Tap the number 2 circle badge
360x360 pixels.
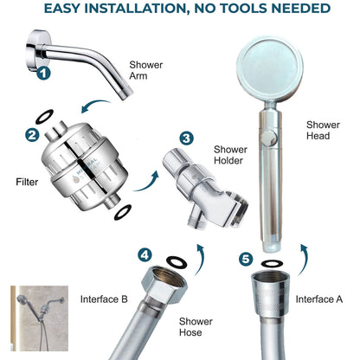(31, 135)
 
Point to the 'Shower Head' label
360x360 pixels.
(322, 130)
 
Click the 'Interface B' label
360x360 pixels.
(105, 299)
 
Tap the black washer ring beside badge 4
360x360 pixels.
(175, 261)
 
